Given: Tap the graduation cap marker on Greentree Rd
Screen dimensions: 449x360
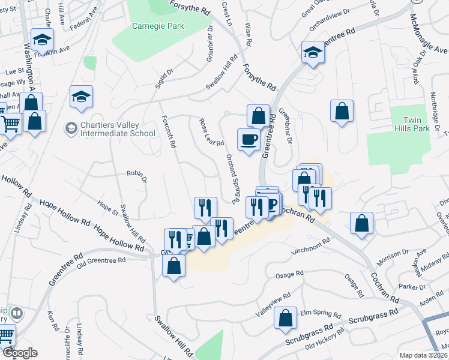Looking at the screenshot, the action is [x=313, y=53].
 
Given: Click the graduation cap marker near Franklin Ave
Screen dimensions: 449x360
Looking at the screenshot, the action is [x=42, y=40].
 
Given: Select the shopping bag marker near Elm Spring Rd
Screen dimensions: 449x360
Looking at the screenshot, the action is [x=286, y=319].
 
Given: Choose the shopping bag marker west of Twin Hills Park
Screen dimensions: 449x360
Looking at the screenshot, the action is [x=342, y=111].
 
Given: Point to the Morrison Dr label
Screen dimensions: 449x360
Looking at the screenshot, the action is [x=393, y=259].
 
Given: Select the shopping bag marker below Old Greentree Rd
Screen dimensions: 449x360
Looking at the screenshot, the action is [x=173, y=267].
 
